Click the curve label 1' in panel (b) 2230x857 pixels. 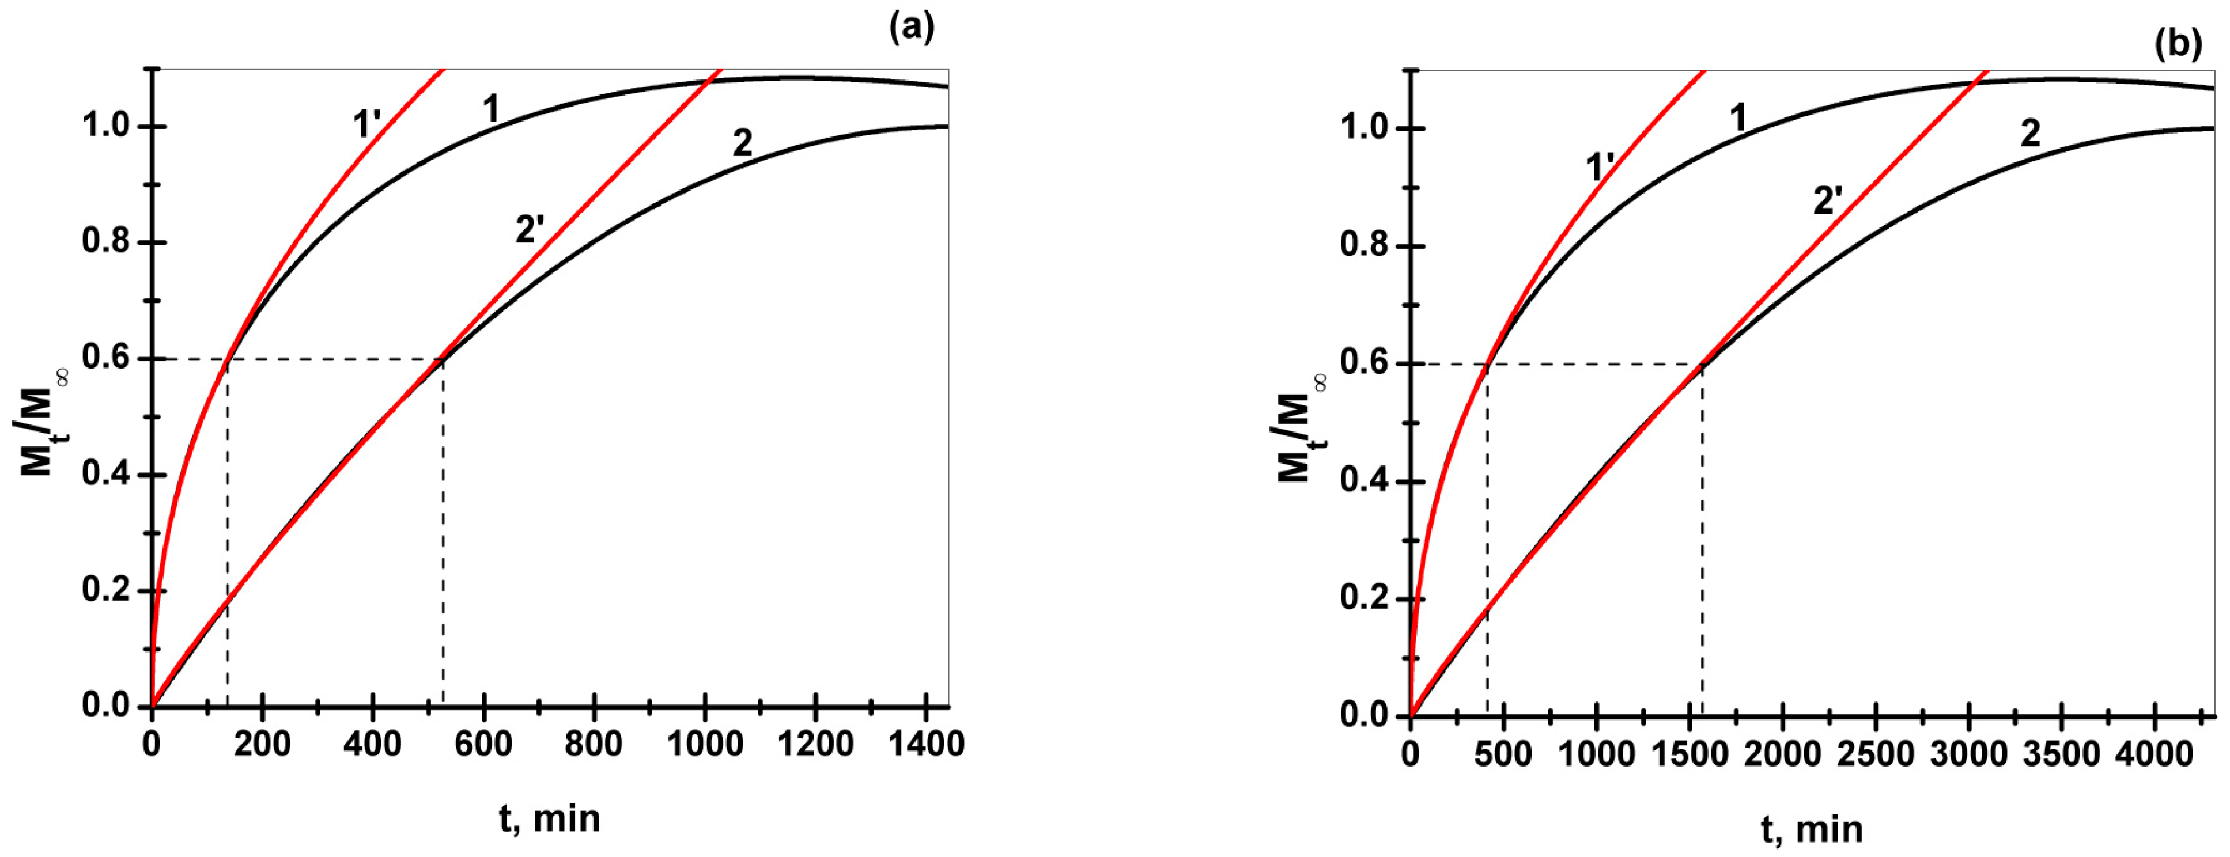tap(1600, 167)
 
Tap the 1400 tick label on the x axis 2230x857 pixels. tap(928, 745)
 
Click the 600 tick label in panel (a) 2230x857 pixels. tap(484, 745)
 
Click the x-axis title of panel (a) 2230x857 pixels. tap(549, 817)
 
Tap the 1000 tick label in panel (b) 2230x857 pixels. tap(1596, 755)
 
